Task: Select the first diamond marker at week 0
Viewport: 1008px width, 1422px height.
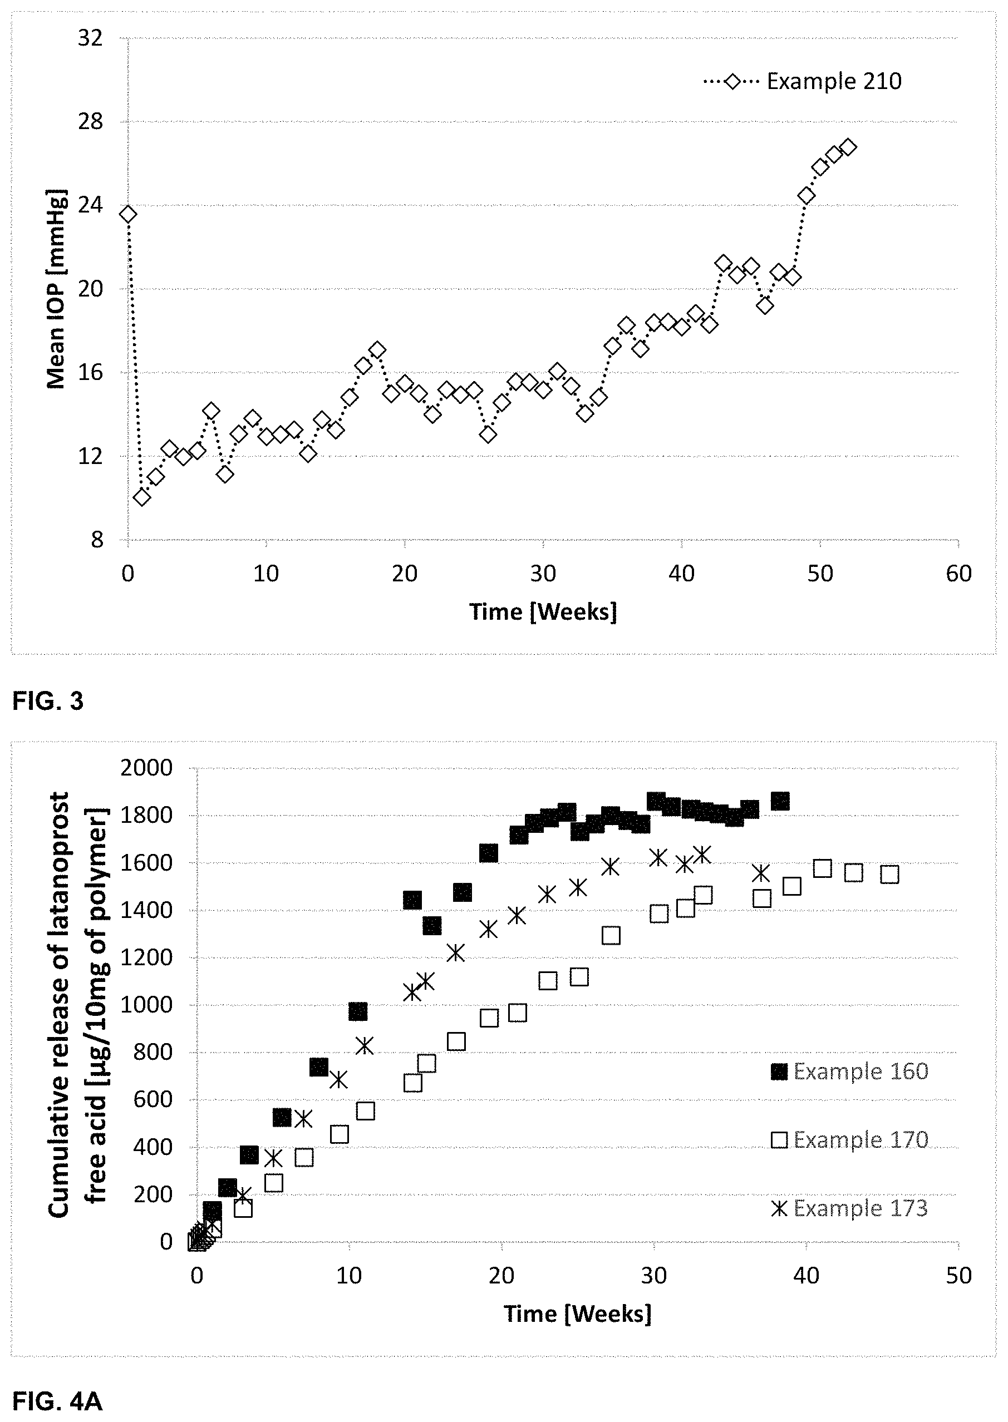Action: coord(128,214)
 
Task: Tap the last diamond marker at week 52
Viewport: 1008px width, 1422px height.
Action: coord(848,147)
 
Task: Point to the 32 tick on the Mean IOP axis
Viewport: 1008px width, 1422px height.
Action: coord(91,38)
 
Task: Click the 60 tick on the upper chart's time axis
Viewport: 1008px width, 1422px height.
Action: coord(958,573)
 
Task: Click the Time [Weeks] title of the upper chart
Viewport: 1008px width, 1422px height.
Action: coord(543,612)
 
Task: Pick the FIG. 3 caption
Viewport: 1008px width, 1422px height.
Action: coord(48,701)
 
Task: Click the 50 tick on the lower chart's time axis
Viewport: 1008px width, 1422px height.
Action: coord(958,1276)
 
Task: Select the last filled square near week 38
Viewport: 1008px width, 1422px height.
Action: coord(780,801)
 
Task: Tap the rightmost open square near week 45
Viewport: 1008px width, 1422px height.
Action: coord(889,875)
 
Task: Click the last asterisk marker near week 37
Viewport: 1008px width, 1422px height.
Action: coord(761,873)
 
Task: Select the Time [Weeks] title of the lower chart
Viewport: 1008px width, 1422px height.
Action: coord(577,1314)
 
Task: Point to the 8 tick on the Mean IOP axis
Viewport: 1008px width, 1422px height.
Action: coord(97,540)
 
